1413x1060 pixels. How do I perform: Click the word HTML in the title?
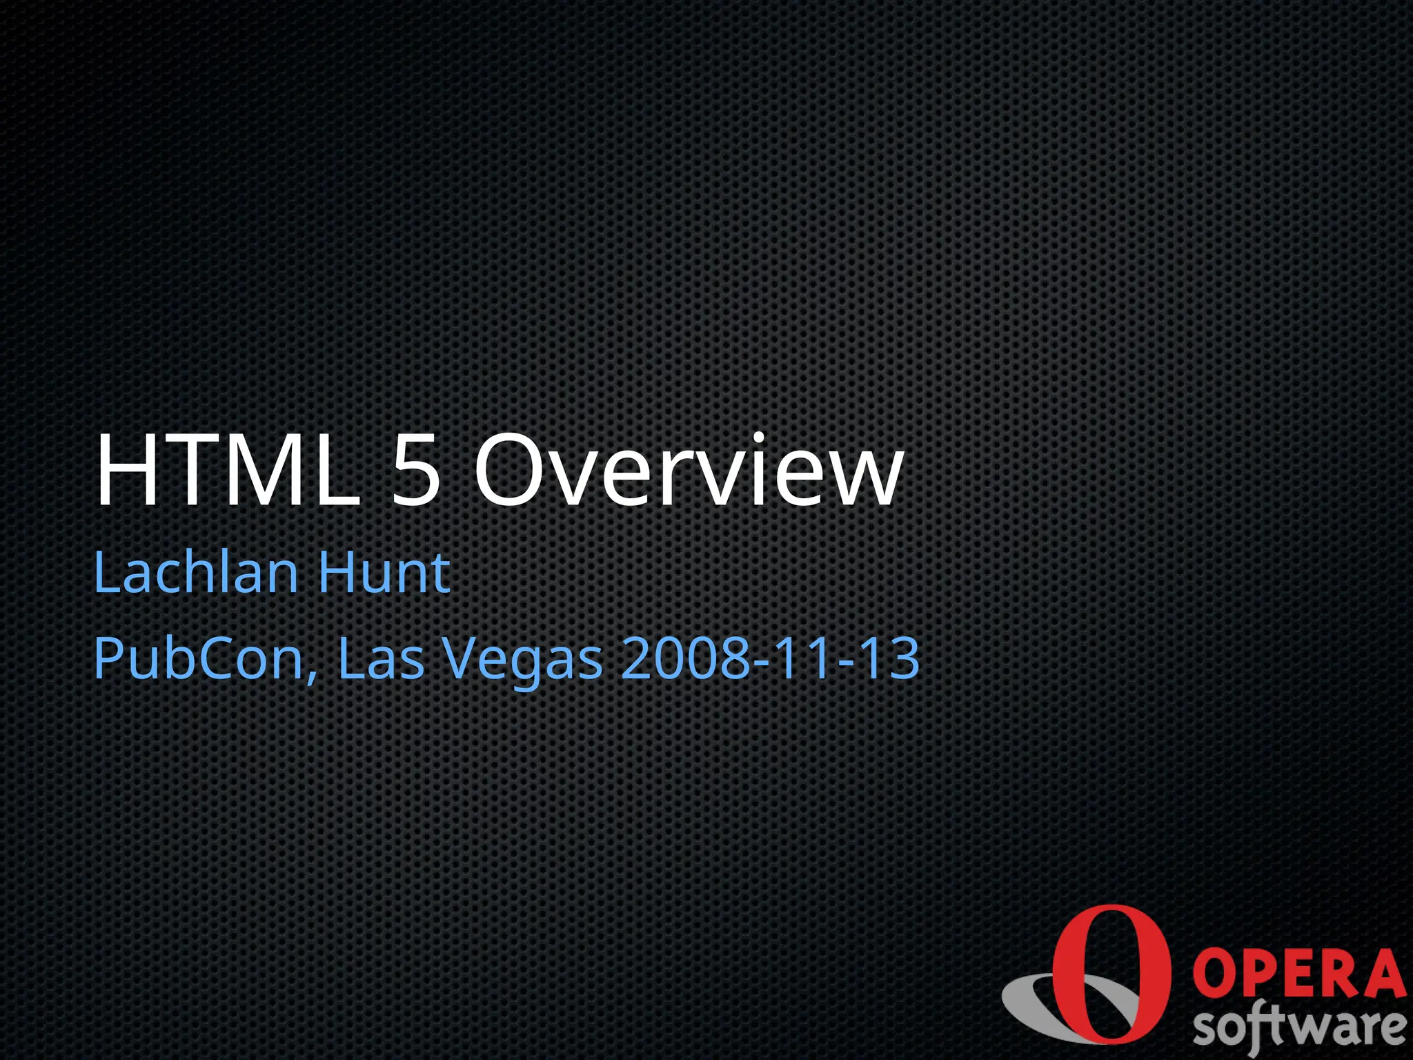click(228, 471)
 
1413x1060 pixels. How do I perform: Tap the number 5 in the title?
click(416, 471)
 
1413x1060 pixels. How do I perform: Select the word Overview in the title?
click(687, 471)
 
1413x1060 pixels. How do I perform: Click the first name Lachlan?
click(196, 572)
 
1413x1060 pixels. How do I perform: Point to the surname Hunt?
click(384, 572)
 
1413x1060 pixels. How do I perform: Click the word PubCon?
click(199, 658)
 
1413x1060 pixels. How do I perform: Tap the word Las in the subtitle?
click(380, 658)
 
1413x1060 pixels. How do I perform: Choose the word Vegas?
click(522, 660)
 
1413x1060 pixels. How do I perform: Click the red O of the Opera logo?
click(1111, 974)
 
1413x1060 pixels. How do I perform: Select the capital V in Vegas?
click(463, 658)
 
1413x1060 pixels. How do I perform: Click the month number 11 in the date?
click(801, 658)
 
